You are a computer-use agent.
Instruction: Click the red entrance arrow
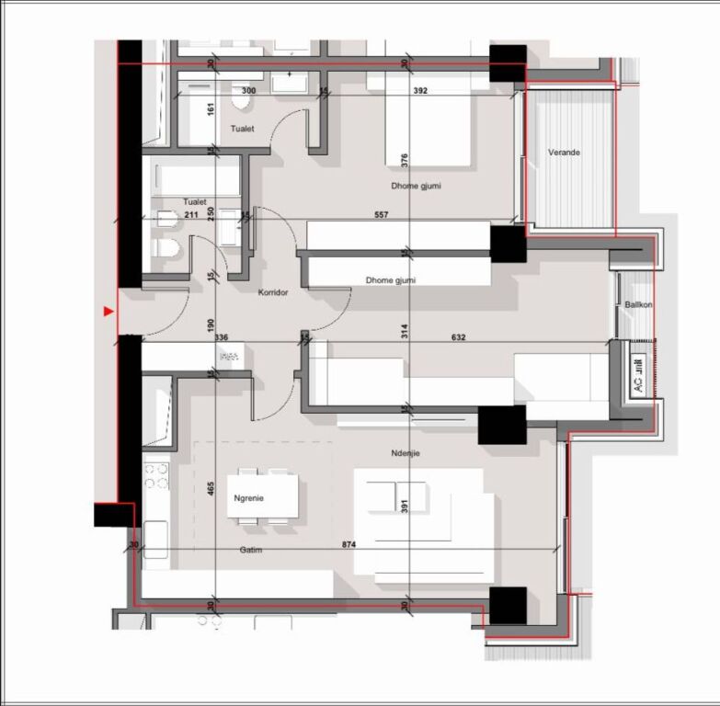109,313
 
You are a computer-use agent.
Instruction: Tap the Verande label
564,153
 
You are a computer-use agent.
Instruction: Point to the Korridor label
273,291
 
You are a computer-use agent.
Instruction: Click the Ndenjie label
404,453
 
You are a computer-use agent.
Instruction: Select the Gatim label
251,550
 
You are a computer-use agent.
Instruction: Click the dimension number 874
349,546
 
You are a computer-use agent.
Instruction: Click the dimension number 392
419,91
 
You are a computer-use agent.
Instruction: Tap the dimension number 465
211,489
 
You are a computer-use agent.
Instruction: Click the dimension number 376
405,158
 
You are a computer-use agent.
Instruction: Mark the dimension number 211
190,215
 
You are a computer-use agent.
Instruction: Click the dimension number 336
221,337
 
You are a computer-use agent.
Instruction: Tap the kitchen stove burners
156,475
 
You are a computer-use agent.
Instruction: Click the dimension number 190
211,324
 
